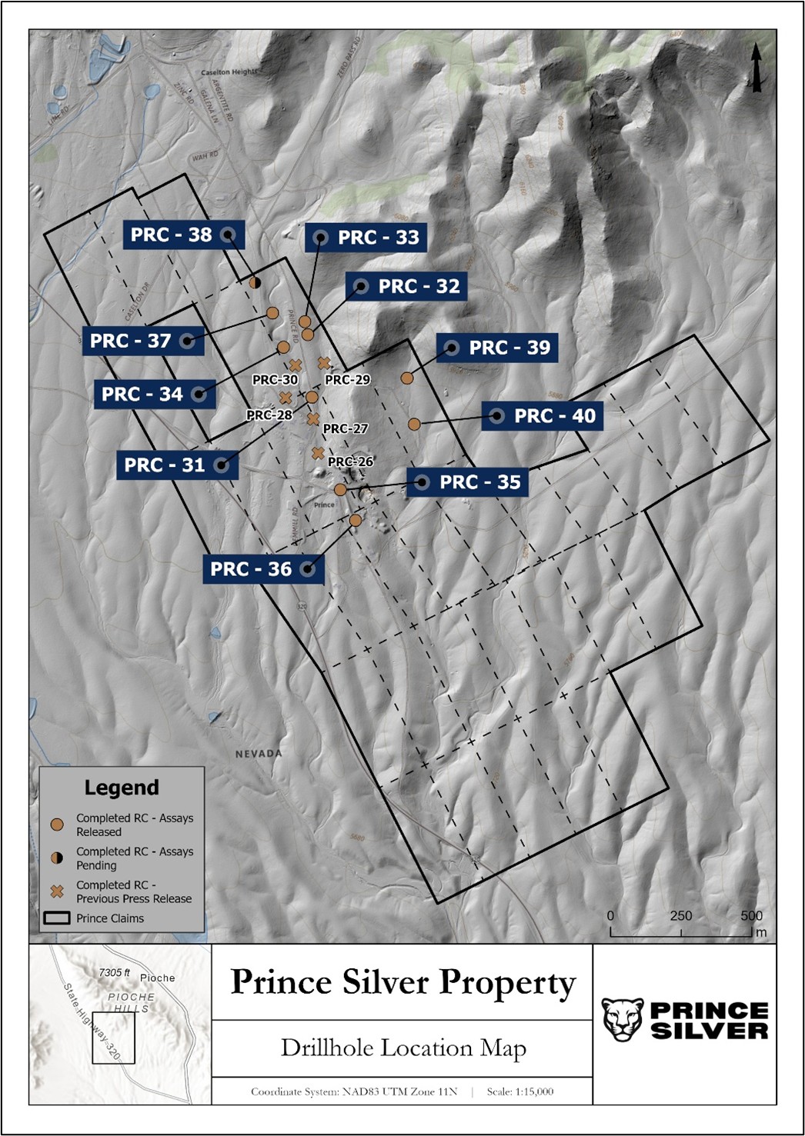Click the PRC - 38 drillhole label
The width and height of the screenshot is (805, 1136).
click(183, 235)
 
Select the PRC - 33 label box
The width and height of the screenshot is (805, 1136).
click(366, 238)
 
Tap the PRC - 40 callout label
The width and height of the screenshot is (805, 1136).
click(542, 416)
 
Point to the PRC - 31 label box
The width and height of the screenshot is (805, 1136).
click(177, 465)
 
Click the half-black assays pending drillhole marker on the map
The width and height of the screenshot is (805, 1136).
click(256, 282)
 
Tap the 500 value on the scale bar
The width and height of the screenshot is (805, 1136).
click(751, 915)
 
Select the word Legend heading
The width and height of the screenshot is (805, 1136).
click(122, 788)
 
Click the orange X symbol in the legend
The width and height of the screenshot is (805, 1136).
click(57, 891)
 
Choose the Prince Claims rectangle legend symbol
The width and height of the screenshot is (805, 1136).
click(57, 918)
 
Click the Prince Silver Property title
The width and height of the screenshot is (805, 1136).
click(402, 982)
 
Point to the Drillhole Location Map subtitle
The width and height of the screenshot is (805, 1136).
click(402, 1048)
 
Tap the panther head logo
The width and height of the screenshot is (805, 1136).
click(622, 1020)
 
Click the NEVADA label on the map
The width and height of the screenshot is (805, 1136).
click(259, 753)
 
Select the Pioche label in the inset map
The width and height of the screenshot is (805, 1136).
click(157, 978)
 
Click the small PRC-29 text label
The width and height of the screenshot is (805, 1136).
click(347, 379)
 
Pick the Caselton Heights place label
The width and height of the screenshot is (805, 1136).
click(229, 72)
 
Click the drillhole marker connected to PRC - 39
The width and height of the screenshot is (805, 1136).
click(407, 378)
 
